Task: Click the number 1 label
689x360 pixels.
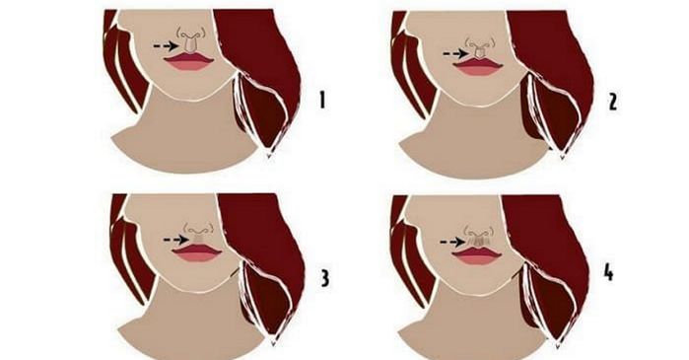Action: (322, 101)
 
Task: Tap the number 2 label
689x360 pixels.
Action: (612, 102)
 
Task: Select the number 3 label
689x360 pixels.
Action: (324, 278)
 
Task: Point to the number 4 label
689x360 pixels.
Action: (608, 273)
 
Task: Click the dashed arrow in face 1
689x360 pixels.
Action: (166, 45)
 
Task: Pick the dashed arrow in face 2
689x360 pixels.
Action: (455, 53)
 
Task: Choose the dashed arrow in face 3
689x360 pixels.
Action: (176, 240)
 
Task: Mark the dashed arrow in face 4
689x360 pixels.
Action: (453, 242)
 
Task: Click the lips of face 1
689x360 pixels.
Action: (189, 61)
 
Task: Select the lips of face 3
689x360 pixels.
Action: (197, 252)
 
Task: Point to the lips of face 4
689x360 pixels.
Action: (478, 255)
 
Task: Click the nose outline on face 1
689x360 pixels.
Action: (190, 34)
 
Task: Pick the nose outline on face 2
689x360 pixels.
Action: (479, 42)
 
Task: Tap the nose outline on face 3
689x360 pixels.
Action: (198, 229)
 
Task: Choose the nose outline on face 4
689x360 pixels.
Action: (478, 231)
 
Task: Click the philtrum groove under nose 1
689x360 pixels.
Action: (189, 45)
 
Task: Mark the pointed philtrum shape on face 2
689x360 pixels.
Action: (479, 53)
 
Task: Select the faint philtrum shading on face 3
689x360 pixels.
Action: (197, 239)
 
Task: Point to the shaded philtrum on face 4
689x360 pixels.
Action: (478, 242)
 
